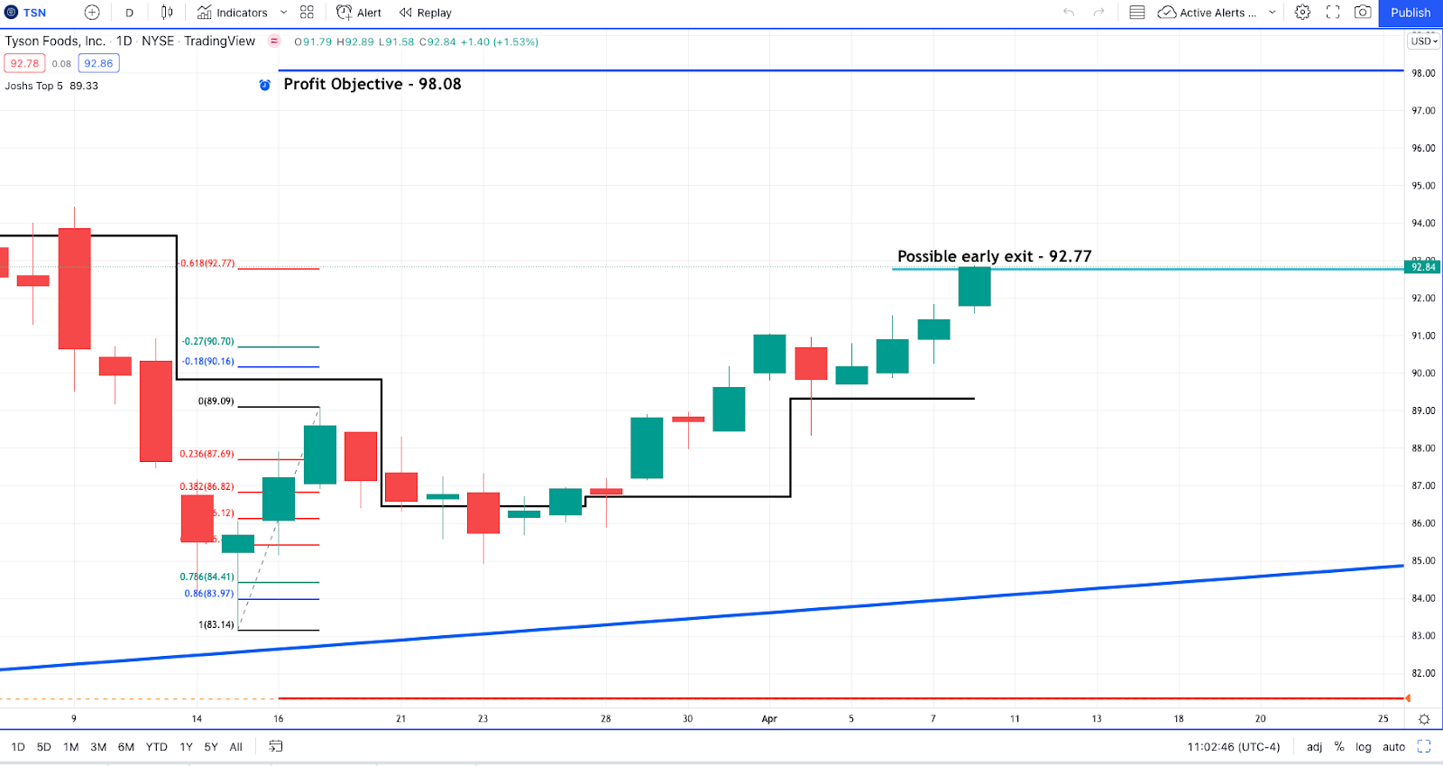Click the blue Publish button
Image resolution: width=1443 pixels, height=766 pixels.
tap(1410, 13)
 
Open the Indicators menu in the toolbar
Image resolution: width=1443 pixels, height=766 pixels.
tap(233, 13)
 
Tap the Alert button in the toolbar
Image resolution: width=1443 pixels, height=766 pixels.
tap(359, 13)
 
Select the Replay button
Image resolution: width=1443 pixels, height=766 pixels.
tap(426, 13)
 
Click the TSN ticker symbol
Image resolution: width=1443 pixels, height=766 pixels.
tap(34, 13)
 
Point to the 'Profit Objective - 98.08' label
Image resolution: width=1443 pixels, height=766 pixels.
tap(372, 84)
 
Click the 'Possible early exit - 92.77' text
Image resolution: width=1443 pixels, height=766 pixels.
tap(994, 256)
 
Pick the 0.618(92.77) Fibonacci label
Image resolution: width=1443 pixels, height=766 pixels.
tap(207, 263)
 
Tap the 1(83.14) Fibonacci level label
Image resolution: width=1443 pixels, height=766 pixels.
tap(216, 624)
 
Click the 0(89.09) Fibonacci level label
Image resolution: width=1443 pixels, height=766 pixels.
tap(216, 401)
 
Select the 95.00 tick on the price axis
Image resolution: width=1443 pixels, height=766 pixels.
tap(1423, 186)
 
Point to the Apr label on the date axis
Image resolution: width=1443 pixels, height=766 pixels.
tap(769, 719)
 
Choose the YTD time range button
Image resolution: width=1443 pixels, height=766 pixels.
tap(157, 747)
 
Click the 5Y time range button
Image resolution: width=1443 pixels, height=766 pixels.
tap(211, 747)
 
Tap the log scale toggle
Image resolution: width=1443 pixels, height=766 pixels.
tap(1363, 747)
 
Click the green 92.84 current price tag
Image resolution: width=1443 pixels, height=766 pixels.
tap(1423, 267)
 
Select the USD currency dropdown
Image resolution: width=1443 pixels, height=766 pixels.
tap(1424, 42)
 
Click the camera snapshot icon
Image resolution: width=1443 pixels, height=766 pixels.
tap(1363, 13)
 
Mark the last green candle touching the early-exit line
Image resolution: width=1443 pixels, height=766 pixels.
tap(974, 287)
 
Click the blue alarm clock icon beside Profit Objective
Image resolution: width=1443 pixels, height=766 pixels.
tap(265, 85)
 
